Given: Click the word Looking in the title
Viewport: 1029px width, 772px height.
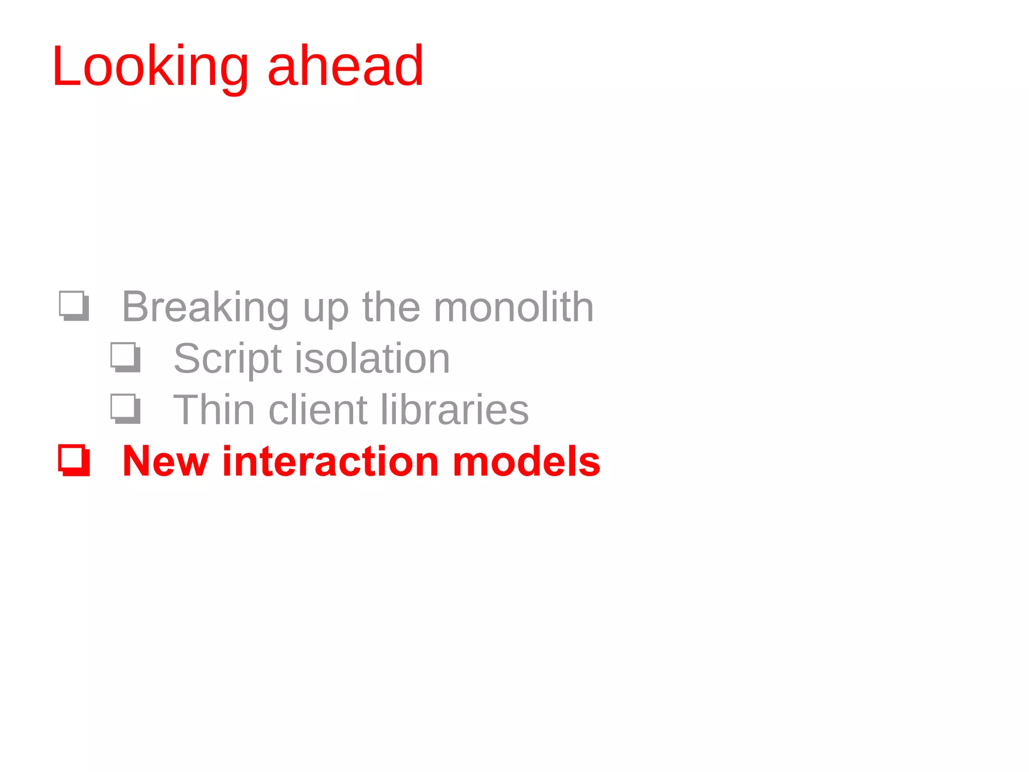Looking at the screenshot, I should coord(150,67).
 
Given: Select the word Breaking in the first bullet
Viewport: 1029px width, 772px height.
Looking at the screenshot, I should coord(205,307).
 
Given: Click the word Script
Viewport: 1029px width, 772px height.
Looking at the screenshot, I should coord(227,359).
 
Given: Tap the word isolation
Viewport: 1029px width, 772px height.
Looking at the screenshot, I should coord(372,358).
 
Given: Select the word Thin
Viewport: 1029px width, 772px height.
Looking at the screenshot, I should coord(214,410).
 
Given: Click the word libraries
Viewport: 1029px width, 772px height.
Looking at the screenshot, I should coord(454,410).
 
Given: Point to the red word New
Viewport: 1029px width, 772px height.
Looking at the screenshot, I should coord(165,461).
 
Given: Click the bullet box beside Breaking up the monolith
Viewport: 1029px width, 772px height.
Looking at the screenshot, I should coord(74,306).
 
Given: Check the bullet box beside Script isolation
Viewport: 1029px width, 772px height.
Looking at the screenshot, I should coord(125,357).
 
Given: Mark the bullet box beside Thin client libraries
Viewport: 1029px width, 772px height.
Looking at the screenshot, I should coord(125,409).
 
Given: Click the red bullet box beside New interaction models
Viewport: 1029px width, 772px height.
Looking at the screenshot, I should coord(74,460).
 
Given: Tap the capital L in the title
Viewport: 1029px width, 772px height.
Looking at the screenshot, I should coord(65,67).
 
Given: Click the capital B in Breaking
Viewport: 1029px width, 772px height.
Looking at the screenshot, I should coord(134,307).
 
